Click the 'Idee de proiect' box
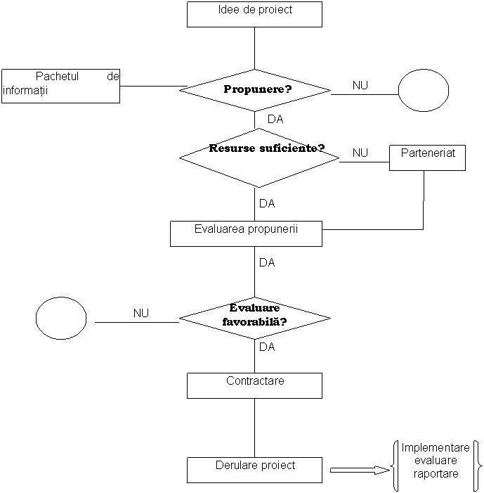(254, 14)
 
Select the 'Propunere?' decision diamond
(255, 90)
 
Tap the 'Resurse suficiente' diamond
(259, 158)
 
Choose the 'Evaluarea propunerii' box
(246, 233)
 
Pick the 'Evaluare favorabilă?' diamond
(255, 319)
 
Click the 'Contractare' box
(254, 385)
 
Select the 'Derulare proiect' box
(254, 470)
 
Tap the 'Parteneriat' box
(427, 158)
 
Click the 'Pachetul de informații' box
(60, 86)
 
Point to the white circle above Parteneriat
(424, 91)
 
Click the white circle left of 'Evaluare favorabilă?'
(61, 318)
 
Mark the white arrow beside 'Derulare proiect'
(359, 470)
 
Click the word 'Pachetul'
(58, 77)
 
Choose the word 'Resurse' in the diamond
(233, 148)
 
